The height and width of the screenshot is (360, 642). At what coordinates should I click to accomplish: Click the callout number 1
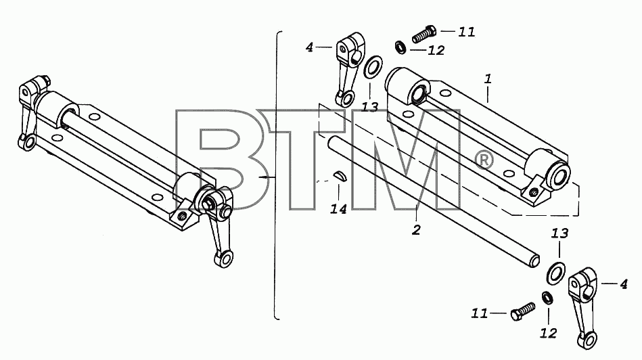(488, 78)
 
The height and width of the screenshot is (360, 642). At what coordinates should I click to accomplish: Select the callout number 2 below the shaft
(417, 230)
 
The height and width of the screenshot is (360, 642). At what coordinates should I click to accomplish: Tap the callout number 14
(339, 209)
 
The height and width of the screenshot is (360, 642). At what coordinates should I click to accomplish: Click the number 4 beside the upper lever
(310, 47)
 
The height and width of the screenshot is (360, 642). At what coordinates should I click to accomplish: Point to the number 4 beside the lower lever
(624, 284)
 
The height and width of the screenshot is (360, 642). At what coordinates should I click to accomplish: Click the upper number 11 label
(466, 32)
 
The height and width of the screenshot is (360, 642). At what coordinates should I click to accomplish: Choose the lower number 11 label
(480, 314)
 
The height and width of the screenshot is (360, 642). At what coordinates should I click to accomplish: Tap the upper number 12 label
(436, 50)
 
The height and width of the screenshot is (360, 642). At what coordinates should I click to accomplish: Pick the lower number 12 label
(548, 334)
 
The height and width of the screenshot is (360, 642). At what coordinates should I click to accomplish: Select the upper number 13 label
(370, 108)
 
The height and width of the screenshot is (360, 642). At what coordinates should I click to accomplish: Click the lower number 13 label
(559, 233)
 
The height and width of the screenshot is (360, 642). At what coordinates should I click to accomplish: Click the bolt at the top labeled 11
(423, 34)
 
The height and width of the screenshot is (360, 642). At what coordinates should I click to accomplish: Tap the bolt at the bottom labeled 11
(523, 311)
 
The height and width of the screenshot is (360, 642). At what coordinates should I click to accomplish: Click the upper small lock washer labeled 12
(400, 47)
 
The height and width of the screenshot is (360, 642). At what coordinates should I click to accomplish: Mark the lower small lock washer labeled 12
(547, 298)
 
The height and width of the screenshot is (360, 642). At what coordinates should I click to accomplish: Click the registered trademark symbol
(484, 160)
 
